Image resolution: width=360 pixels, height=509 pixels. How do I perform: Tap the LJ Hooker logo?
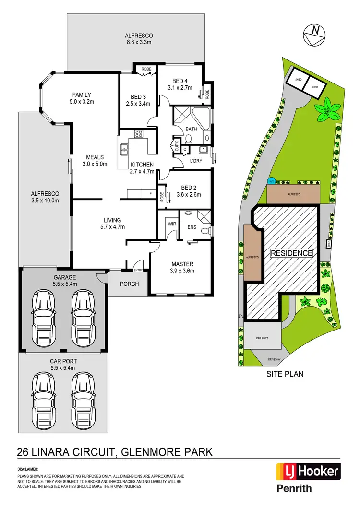click(307, 472)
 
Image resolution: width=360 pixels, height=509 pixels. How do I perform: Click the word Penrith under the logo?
click(294, 488)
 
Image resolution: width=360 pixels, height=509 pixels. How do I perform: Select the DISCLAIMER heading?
click(27, 469)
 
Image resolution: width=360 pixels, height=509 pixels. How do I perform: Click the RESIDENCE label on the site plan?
click(291, 253)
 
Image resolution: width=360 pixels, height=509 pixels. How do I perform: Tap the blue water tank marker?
click(271, 181)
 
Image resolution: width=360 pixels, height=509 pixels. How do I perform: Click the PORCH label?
click(129, 284)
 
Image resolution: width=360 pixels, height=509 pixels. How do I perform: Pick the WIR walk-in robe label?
click(172, 224)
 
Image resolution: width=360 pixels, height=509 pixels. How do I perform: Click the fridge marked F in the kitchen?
click(151, 193)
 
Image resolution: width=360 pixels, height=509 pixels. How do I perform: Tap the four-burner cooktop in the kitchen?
click(140, 134)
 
